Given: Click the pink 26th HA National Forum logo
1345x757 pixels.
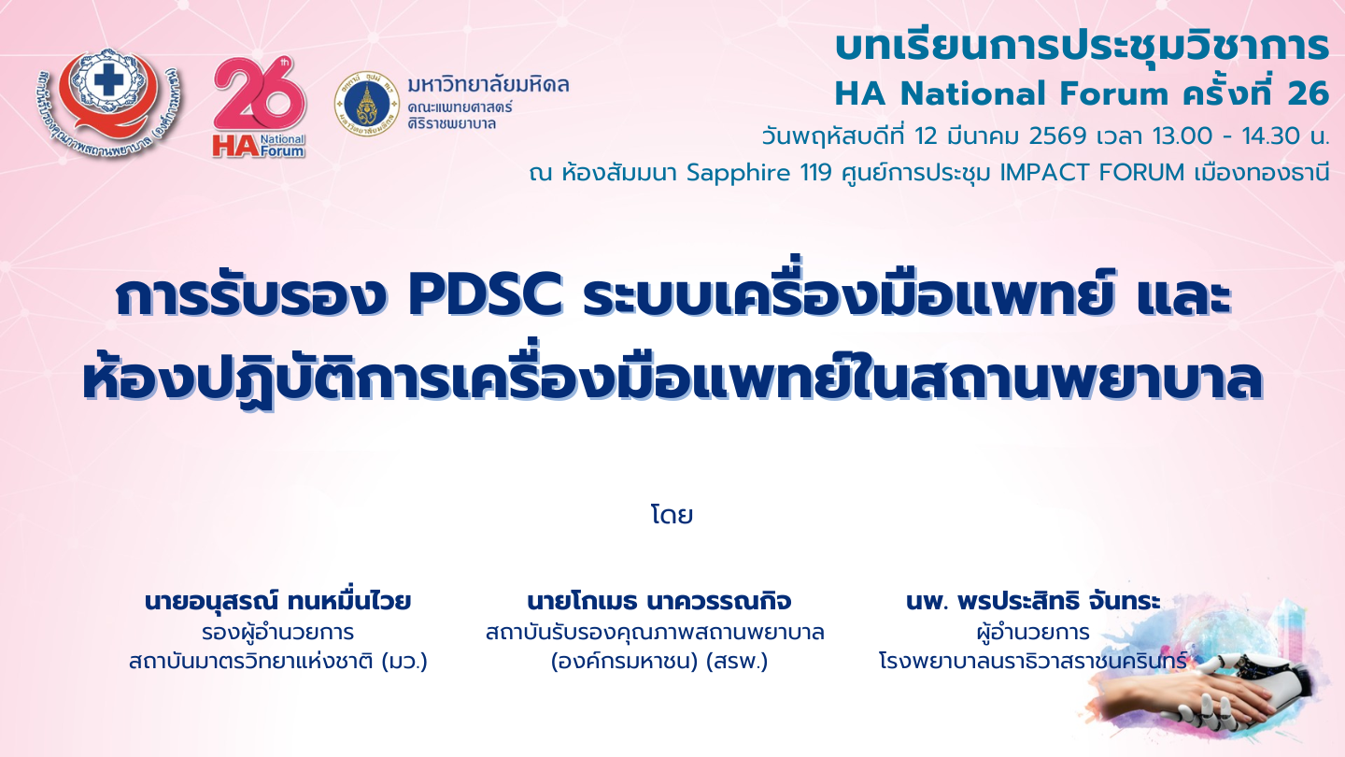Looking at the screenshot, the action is [x=260, y=108].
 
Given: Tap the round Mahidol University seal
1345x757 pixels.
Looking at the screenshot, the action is [x=367, y=104].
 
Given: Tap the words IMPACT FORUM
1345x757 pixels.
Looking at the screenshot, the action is [x=1092, y=172].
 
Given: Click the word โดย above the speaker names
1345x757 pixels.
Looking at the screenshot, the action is [x=672, y=515].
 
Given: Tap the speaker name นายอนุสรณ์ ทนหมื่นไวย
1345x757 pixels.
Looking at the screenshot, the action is [x=278, y=601].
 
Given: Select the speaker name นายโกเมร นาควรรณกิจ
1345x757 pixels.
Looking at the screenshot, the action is [x=658, y=601].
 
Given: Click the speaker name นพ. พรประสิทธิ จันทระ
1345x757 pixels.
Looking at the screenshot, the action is [x=1033, y=601].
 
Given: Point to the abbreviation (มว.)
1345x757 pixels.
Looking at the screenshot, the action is [x=404, y=662].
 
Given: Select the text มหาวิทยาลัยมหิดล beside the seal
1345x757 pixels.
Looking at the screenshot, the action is [x=488, y=85].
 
